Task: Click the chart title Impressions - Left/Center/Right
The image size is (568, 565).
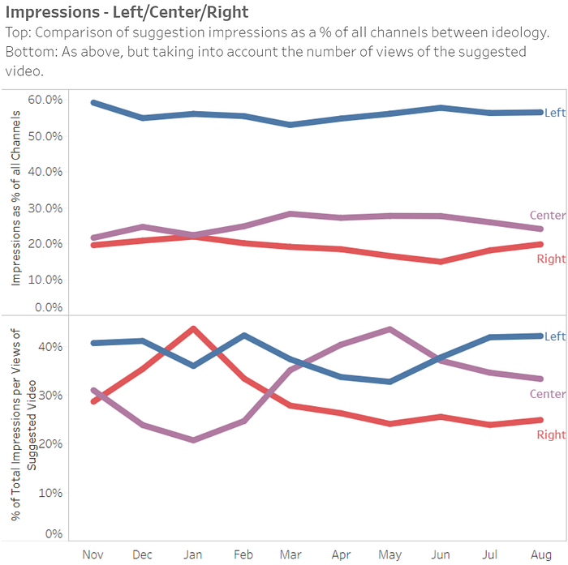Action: click(x=127, y=12)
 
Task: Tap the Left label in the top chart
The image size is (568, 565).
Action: click(x=555, y=113)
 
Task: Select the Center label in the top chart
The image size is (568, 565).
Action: click(x=547, y=215)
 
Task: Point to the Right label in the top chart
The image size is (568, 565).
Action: click(x=552, y=259)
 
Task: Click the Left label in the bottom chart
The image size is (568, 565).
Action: click(x=555, y=336)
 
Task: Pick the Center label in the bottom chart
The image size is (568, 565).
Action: click(x=547, y=394)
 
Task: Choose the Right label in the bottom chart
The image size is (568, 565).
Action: click(x=552, y=435)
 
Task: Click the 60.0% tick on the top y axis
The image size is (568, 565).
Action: click(x=45, y=100)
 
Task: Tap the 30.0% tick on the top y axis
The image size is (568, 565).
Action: click(x=45, y=208)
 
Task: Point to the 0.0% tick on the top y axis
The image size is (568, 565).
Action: click(x=48, y=308)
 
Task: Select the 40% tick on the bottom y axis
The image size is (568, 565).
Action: click(x=52, y=347)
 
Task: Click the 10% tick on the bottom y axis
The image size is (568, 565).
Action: click(x=52, y=493)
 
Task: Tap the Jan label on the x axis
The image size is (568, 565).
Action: click(x=192, y=553)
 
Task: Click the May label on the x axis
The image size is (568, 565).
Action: click(x=389, y=553)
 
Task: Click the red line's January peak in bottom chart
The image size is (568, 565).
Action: click(x=193, y=328)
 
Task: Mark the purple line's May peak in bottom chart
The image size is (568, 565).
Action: click(x=390, y=329)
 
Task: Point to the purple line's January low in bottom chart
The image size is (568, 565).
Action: click(x=193, y=440)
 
